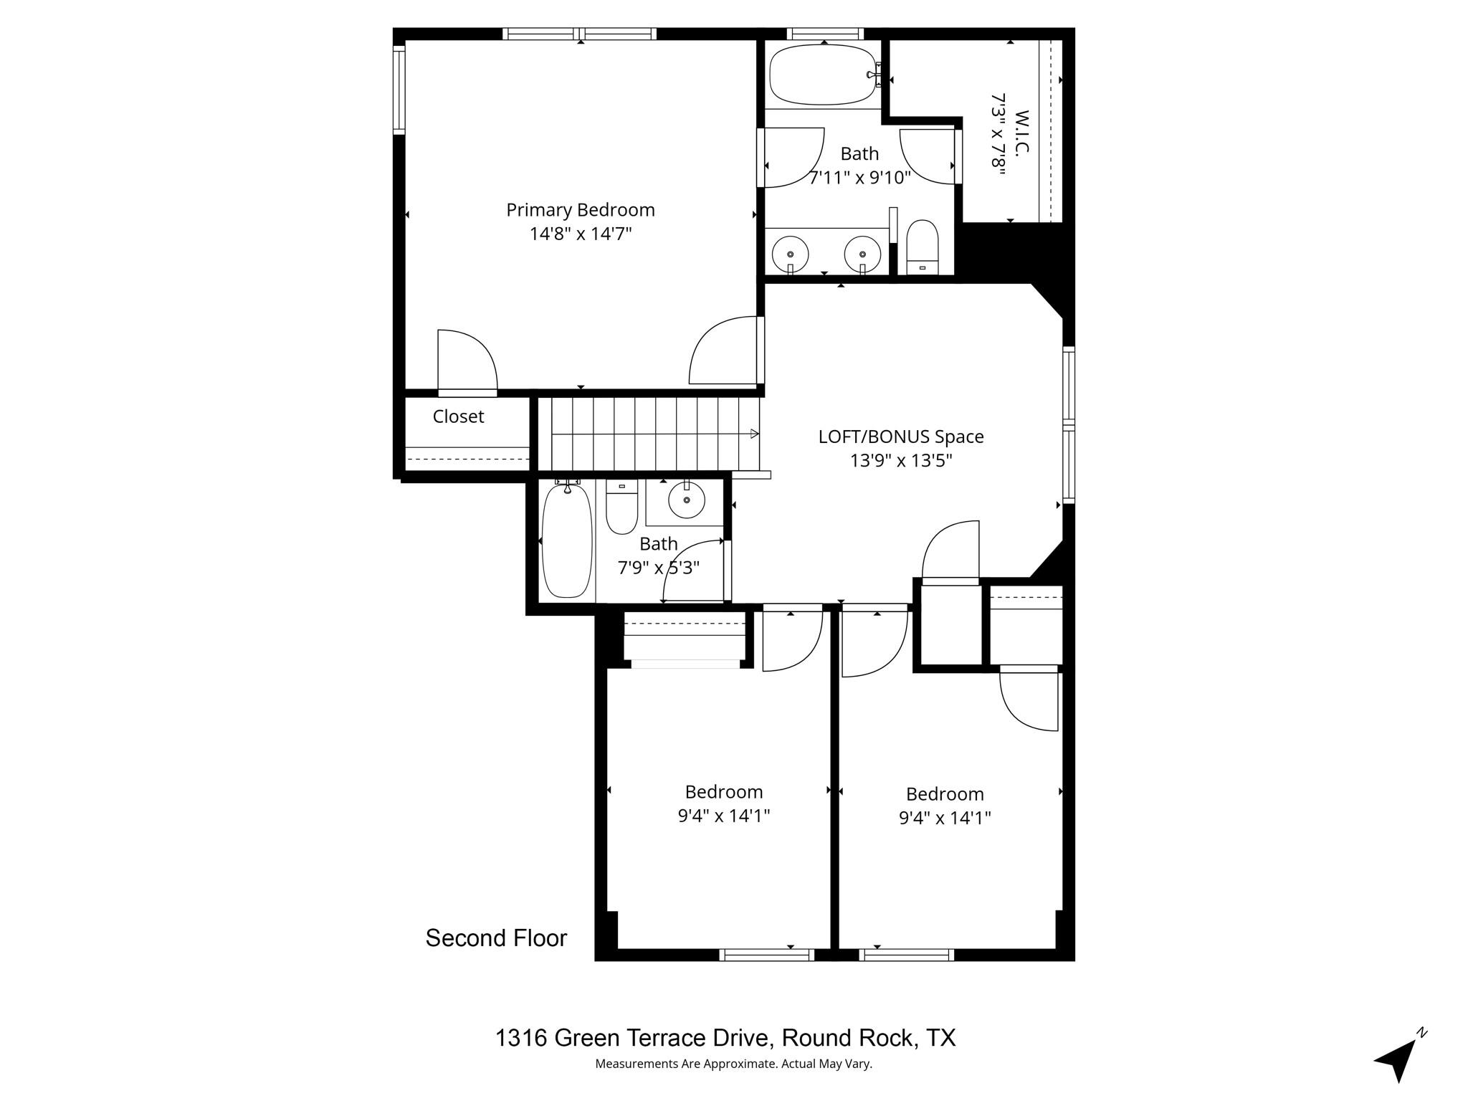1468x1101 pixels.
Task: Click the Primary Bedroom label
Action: pyautogui.click(x=581, y=210)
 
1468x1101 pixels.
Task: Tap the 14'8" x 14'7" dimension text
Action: pyautogui.click(x=581, y=234)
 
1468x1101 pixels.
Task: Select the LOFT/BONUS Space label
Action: pyautogui.click(x=901, y=437)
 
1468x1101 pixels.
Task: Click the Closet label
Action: pyautogui.click(x=458, y=416)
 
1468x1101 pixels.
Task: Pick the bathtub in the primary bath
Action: pyautogui.click(x=822, y=75)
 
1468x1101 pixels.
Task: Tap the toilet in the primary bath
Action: pyautogui.click(x=923, y=246)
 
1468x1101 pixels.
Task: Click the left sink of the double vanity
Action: pyautogui.click(x=791, y=254)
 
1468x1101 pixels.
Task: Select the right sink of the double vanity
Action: pyautogui.click(x=862, y=254)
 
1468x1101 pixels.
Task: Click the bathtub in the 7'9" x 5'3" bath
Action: pyautogui.click(x=567, y=541)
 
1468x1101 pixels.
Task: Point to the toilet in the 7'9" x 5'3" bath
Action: pyautogui.click(x=621, y=507)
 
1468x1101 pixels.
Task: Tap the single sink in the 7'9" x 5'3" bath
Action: pyautogui.click(x=687, y=499)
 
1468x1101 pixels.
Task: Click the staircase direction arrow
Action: pyautogui.click(x=753, y=434)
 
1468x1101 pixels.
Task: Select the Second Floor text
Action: pyautogui.click(x=496, y=938)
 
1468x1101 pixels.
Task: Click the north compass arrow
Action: pyautogui.click(x=1396, y=1060)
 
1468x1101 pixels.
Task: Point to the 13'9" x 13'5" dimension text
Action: pyautogui.click(x=901, y=460)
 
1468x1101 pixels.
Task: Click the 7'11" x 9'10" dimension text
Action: pyautogui.click(x=859, y=177)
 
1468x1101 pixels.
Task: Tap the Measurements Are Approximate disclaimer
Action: pyautogui.click(x=733, y=1063)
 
